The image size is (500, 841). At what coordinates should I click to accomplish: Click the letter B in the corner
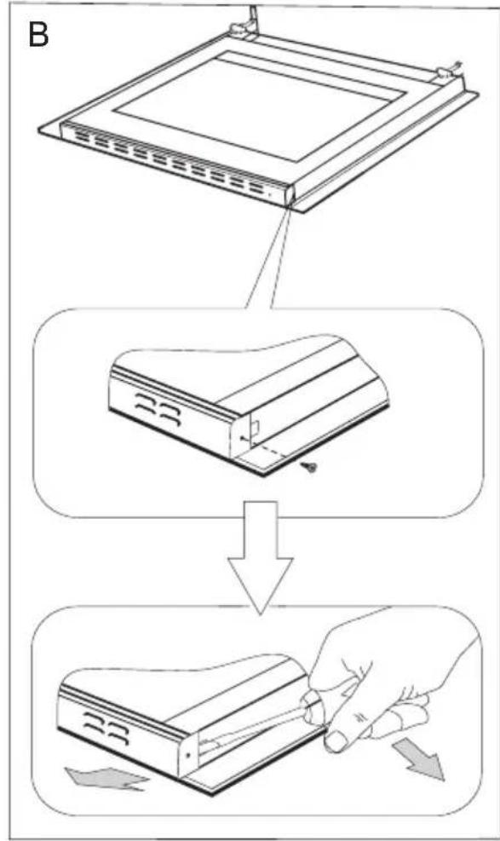(37, 35)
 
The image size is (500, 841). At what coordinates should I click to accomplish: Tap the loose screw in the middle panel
(311, 468)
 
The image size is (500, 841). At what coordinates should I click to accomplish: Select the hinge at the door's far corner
(445, 72)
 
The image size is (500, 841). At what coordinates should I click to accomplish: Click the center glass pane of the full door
(261, 105)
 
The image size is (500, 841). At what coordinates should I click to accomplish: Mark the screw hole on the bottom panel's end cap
(188, 755)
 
